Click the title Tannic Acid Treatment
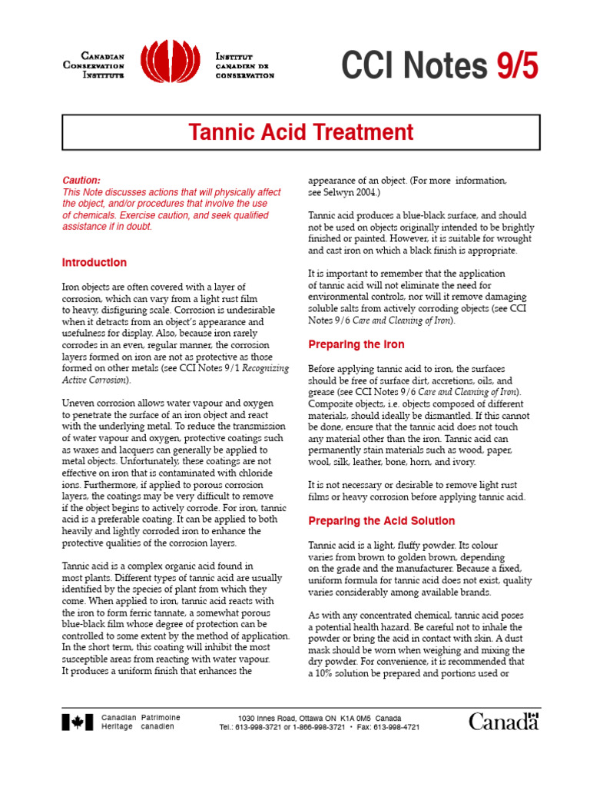pos(301,132)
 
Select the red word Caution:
pos(81,181)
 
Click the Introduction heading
pos(94,263)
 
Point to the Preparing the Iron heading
pos(356,344)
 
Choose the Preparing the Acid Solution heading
pos(382,521)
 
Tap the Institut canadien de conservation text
pos(244,65)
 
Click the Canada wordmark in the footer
pos(504,721)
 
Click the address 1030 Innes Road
pos(265,717)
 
